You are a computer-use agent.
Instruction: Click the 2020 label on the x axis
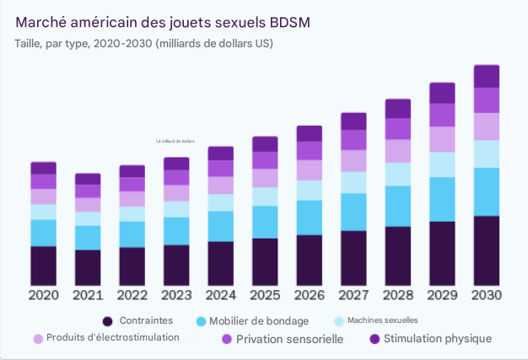[43, 296]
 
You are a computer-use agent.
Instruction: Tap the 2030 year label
[487, 296]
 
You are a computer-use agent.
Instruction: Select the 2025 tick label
[265, 296]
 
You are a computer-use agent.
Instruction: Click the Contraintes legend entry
[146, 320]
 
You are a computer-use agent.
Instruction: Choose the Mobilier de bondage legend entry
[258, 321]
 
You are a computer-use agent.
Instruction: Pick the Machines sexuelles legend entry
[381, 320]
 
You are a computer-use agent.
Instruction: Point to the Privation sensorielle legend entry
[289, 339]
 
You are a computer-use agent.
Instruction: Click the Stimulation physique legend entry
[437, 339]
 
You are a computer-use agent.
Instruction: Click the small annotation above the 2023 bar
[175, 142]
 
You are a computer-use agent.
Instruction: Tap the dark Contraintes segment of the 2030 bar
[487, 250]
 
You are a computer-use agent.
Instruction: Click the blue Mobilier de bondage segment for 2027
[353, 212]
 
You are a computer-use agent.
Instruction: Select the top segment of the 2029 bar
[443, 93]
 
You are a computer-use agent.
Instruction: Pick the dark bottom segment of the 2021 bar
[88, 267]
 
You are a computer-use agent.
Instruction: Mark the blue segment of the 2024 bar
[220, 226]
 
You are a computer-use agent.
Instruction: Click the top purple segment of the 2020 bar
[43, 168]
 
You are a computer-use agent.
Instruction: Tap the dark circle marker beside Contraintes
[107, 321]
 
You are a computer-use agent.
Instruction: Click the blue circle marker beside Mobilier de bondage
[201, 321]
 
